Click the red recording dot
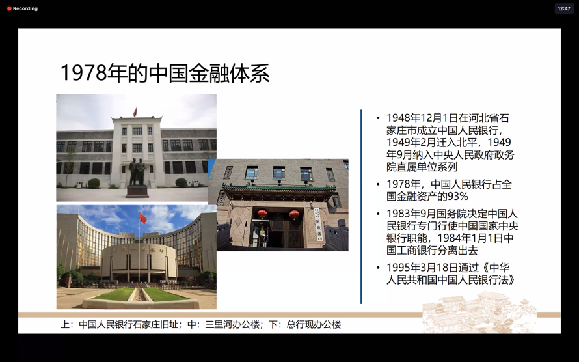pos(9,8)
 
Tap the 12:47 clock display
pos(564,8)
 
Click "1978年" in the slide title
pos(94,73)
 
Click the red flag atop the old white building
pos(135,111)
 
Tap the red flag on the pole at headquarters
pos(142,217)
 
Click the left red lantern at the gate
pos(262,214)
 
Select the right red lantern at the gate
pos(294,214)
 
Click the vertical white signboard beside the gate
pos(318,224)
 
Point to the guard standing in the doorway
pos(262,237)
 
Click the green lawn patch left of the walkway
pos(114,294)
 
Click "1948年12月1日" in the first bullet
pos(422,118)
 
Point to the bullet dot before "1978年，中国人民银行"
pos(378,184)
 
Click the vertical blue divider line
pos(361,206)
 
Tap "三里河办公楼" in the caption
pos(233,324)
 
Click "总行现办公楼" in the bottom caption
pos(314,324)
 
